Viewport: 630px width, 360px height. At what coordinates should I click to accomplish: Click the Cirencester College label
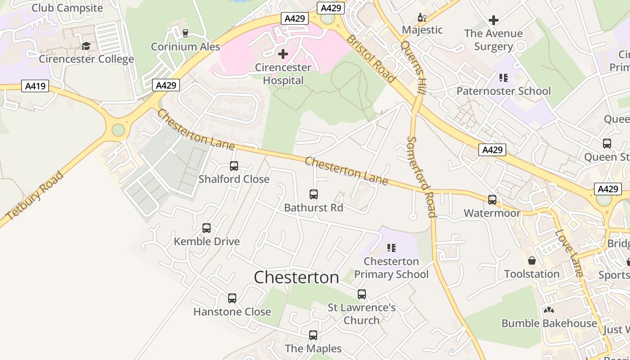point(86,59)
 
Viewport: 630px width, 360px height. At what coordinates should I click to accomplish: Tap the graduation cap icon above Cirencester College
point(86,46)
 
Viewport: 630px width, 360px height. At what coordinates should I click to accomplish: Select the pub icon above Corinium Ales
point(185,33)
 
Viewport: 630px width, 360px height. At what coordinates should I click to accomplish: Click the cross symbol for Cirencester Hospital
point(283,54)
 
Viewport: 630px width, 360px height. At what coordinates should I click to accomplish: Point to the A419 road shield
point(35,85)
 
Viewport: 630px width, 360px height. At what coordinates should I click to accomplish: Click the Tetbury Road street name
point(35,196)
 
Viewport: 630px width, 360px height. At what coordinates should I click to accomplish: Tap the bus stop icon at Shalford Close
point(234,166)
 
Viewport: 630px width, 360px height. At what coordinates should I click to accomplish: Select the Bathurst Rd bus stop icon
point(314,194)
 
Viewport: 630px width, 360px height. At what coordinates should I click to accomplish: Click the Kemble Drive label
point(207,241)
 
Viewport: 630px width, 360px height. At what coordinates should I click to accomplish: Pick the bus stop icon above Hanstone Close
point(232,298)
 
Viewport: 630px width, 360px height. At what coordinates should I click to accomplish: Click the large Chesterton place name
point(297,277)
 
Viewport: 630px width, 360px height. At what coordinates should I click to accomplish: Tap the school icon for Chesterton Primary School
point(391,248)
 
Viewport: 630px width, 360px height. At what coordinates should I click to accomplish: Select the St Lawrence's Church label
point(362,314)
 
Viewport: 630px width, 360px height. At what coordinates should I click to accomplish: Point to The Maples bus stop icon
point(313,335)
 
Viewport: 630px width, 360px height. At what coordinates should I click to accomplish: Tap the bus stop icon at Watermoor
point(492,200)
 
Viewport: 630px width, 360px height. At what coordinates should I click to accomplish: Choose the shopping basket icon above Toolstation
point(532,261)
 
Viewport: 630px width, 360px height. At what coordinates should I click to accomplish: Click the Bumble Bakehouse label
point(549,323)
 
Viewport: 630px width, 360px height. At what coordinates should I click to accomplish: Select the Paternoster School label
point(504,91)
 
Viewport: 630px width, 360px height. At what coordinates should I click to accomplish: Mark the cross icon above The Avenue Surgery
point(494,20)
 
